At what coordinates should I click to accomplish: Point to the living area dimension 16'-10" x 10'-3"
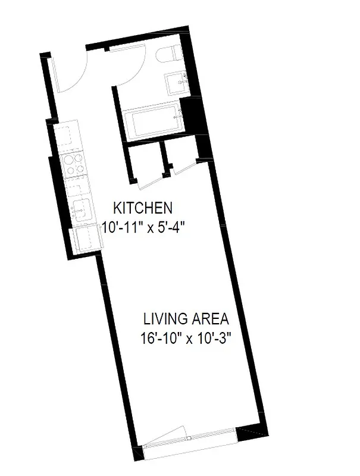coord(185,339)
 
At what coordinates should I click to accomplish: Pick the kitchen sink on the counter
coord(80,208)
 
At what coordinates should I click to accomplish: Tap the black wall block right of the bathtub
coord(192,116)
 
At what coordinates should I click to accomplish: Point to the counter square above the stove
coord(68,136)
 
